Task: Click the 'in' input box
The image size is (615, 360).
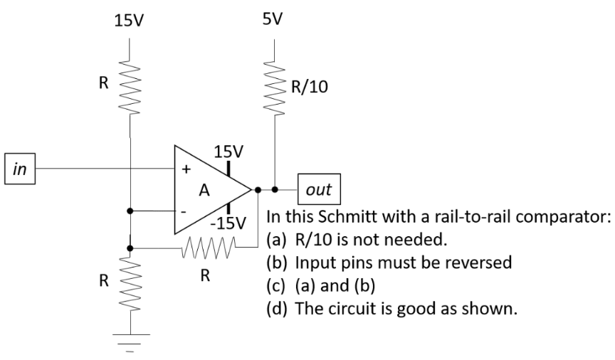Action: pyautogui.click(x=20, y=169)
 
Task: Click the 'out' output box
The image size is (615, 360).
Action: pyautogui.click(x=319, y=190)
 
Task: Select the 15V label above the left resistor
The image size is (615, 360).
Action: pyautogui.click(x=129, y=21)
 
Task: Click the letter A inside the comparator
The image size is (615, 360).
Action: pyautogui.click(x=205, y=191)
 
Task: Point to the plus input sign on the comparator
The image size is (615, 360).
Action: pyautogui.click(x=186, y=170)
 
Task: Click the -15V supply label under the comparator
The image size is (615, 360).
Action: pyautogui.click(x=227, y=223)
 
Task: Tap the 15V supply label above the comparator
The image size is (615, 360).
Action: pyautogui.click(x=228, y=152)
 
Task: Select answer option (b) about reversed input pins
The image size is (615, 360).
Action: pyautogui.click(x=388, y=263)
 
